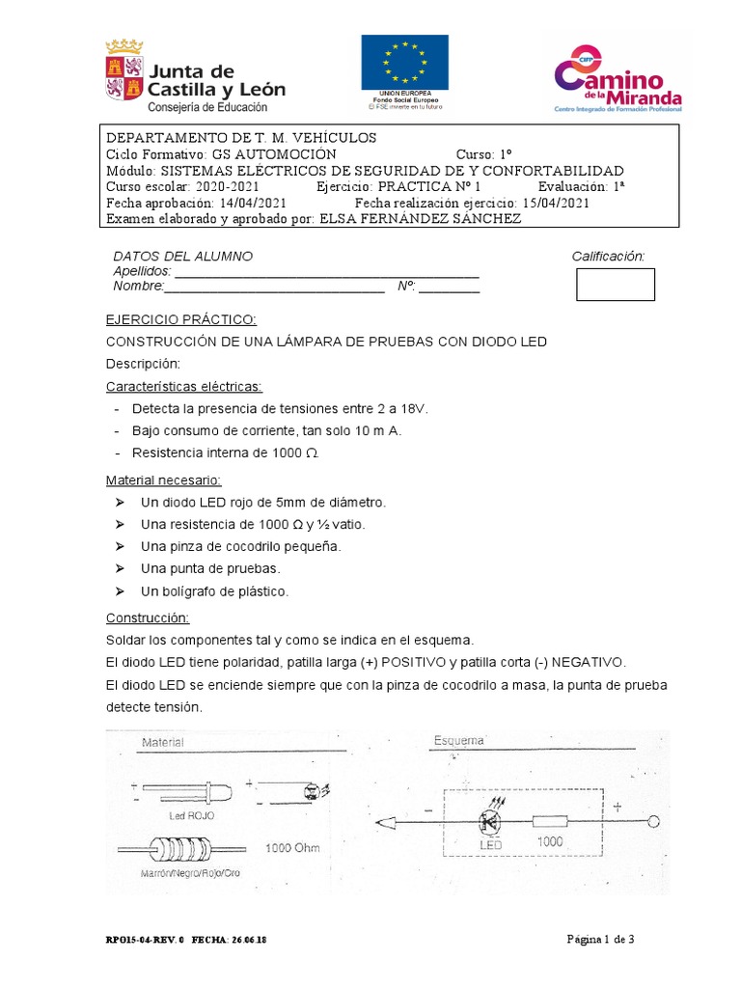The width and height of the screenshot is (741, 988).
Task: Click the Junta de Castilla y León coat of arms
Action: click(123, 69)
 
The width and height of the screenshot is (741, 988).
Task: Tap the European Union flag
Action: click(404, 63)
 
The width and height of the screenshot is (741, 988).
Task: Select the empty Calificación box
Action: click(615, 285)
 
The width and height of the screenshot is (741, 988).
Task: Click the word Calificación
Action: click(607, 256)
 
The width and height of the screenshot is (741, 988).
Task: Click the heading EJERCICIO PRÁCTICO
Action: click(179, 319)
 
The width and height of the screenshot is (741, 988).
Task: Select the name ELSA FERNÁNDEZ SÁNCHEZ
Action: click(420, 218)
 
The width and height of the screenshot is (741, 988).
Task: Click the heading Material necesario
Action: click(163, 480)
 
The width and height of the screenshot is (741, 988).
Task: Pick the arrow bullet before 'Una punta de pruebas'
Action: click(120, 568)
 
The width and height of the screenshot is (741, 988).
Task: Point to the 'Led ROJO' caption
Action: click(191, 815)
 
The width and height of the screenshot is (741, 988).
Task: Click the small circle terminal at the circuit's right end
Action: click(653, 822)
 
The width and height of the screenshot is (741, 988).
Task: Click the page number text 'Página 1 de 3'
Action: click(599, 939)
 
